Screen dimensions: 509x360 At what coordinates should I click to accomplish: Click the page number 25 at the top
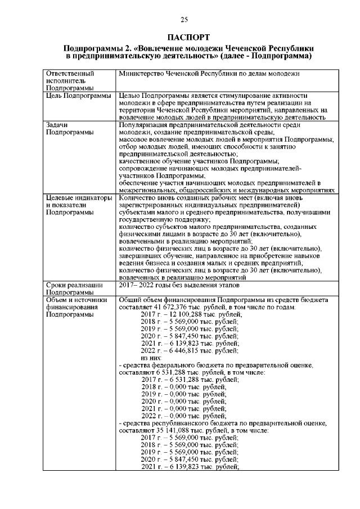pyautogui.click(x=184, y=21)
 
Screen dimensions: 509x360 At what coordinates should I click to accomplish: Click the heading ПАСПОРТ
pyautogui.click(x=184, y=37)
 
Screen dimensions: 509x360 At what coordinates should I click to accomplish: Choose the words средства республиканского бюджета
pyautogui.click(x=174, y=423)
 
